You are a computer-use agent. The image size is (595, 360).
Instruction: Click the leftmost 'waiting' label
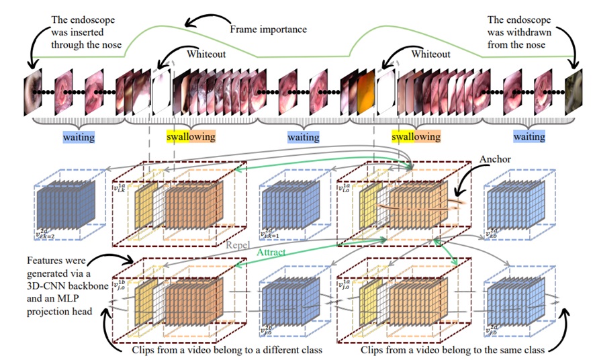click(79, 137)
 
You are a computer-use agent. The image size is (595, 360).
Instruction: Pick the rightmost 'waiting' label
click(529, 137)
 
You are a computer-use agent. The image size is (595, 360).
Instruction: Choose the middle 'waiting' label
click(303, 137)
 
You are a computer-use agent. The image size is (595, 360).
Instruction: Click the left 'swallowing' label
click(191, 137)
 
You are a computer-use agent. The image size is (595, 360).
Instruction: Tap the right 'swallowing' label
click(416, 137)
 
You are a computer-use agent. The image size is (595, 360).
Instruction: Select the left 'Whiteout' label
click(205, 54)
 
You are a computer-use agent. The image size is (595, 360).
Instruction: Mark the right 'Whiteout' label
click(430, 54)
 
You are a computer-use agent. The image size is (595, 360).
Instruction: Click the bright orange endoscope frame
click(365, 88)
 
